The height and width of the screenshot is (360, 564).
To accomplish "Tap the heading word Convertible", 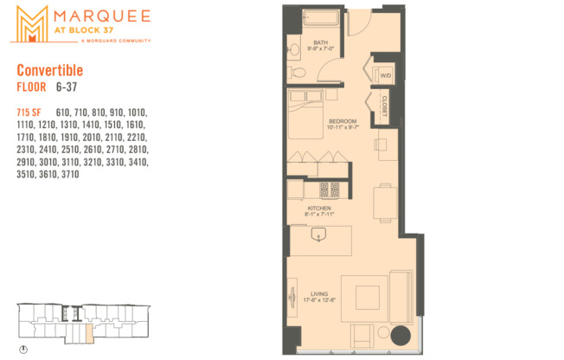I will (x=50, y=71).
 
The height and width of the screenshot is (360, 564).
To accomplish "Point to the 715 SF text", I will (x=29, y=112).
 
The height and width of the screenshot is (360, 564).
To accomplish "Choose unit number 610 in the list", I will (x=65, y=112).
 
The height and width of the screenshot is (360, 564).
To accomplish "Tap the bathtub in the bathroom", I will (x=320, y=19).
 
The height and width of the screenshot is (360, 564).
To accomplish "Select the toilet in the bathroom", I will (x=294, y=48).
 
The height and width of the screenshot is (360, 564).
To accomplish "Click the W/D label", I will (x=384, y=76).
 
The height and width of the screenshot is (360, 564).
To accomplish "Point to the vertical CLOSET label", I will (x=384, y=106).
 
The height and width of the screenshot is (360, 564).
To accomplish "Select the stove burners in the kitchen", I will (x=329, y=190).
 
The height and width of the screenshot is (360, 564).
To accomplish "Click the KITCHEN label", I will (x=319, y=209).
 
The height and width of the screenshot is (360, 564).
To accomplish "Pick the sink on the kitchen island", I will (x=318, y=233).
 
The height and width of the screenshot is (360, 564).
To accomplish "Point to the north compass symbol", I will (x=23, y=350).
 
